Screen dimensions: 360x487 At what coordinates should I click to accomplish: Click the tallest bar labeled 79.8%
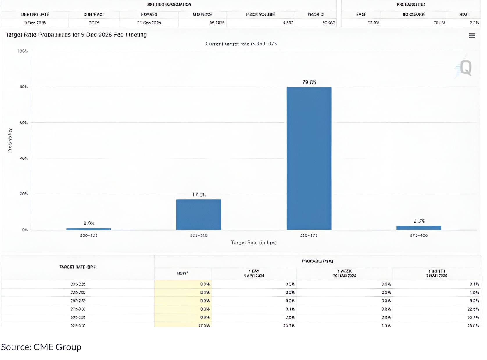[309, 158]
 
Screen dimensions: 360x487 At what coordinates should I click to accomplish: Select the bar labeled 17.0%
[198, 215]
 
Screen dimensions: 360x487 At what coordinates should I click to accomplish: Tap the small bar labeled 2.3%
[419, 228]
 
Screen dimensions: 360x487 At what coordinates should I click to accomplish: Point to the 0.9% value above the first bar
[89, 223]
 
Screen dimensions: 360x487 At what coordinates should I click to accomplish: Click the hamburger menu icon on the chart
[472, 36]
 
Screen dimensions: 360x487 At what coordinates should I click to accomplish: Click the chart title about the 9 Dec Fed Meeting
[76, 35]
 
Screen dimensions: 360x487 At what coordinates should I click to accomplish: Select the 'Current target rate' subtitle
[241, 44]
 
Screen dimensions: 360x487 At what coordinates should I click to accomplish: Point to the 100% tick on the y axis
[22, 51]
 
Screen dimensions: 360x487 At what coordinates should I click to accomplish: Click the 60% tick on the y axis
[24, 123]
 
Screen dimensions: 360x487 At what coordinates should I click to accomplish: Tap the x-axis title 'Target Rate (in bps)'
[254, 243]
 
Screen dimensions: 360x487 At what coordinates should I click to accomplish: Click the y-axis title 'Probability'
[10, 141]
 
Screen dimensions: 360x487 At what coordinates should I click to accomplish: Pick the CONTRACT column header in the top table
[94, 15]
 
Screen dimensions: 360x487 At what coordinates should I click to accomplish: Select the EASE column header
[361, 15]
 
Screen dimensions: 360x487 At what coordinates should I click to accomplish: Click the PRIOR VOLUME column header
[260, 15]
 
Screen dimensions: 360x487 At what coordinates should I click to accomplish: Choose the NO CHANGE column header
[414, 15]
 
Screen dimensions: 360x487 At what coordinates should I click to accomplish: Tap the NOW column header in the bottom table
[182, 273]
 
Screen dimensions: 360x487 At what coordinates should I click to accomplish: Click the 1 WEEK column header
[344, 273]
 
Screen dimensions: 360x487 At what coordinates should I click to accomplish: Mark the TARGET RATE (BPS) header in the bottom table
[78, 267]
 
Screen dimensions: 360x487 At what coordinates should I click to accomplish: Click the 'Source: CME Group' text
[41, 347]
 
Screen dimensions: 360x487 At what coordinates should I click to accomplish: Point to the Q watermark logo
[465, 68]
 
